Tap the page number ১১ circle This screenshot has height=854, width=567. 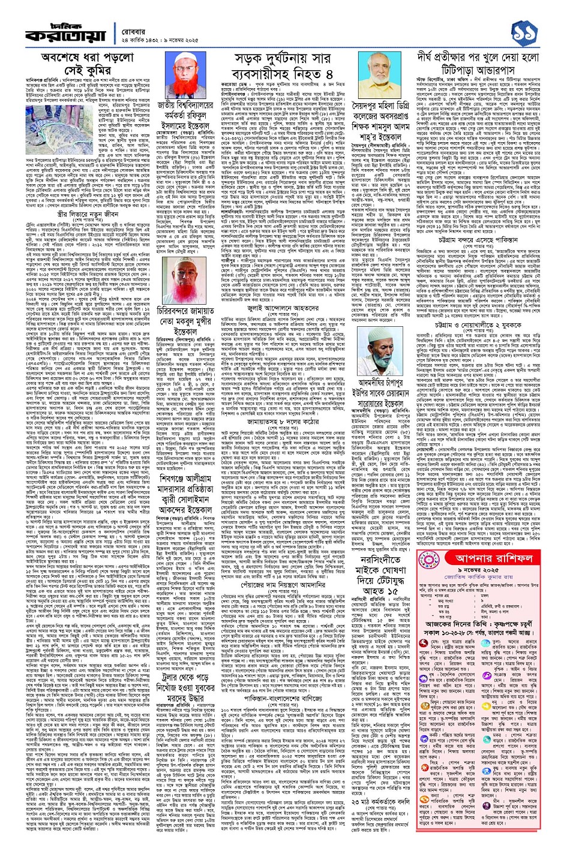click(x=535, y=25)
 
